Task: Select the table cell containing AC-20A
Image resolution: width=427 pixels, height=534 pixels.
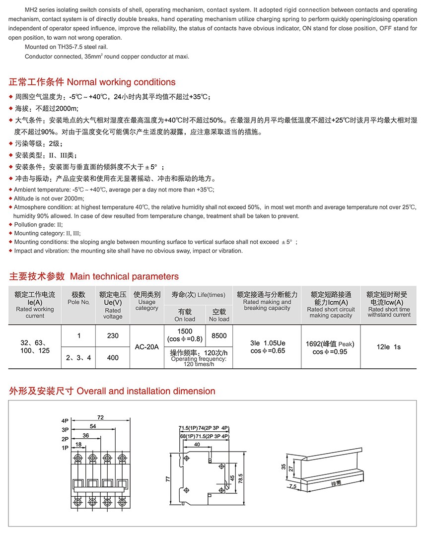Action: coord(146,347)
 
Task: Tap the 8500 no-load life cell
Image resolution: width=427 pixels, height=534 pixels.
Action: coord(219,335)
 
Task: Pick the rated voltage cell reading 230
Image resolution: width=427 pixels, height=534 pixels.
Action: coord(113,335)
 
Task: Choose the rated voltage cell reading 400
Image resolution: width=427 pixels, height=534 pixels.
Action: coord(113,357)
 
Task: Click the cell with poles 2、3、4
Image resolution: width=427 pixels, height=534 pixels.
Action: coord(78,357)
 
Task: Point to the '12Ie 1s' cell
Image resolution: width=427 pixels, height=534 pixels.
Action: coord(389,347)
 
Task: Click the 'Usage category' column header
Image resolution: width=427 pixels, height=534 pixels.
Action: coord(146,301)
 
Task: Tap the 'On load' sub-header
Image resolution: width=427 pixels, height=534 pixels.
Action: coord(185,316)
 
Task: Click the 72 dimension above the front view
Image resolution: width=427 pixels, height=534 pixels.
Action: coord(100,418)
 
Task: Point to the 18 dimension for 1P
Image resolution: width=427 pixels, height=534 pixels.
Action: coord(78,445)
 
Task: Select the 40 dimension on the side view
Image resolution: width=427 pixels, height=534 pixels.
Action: coord(197,445)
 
